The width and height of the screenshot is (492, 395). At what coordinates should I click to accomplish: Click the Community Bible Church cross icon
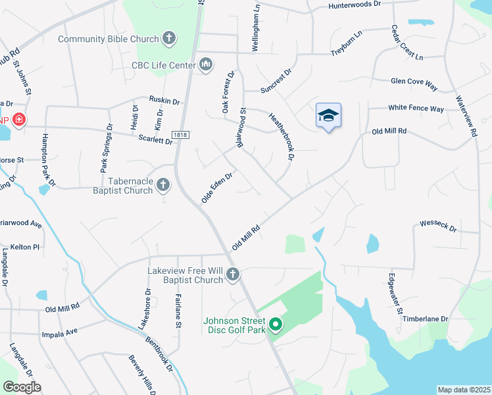[x=169, y=38]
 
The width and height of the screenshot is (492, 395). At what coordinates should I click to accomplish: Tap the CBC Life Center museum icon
[x=206, y=64]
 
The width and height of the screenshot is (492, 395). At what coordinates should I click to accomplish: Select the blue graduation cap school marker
[x=328, y=115]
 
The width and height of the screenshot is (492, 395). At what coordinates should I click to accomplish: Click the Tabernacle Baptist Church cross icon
[x=162, y=186]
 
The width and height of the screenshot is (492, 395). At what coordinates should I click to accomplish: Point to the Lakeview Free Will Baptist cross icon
[x=232, y=274]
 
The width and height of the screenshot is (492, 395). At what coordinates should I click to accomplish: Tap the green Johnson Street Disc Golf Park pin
[x=276, y=325]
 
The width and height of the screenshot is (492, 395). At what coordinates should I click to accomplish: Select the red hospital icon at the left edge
[x=19, y=120]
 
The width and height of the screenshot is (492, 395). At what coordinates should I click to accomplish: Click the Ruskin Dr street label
[x=164, y=101]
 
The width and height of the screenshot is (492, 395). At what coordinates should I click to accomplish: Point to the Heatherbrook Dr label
[x=281, y=136]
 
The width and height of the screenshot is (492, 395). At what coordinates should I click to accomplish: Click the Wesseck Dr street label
[x=438, y=226]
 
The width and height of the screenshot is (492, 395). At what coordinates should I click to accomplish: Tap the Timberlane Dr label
[x=426, y=319]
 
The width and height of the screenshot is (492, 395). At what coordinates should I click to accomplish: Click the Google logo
[x=22, y=386]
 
